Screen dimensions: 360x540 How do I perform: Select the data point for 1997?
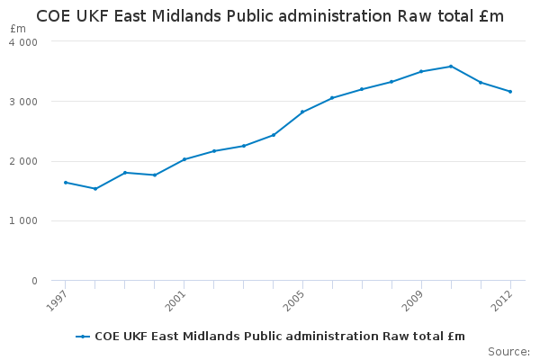click(x=66, y=183)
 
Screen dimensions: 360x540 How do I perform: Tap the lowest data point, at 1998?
click(x=95, y=189)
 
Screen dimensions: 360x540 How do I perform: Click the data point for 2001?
click(x=184, y=159)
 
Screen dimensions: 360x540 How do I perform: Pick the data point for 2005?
click(x=302, y=112)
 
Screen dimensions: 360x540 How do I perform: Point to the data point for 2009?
click(x=421, y=71)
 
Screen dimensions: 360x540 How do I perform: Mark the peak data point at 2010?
click(x=451, y=67)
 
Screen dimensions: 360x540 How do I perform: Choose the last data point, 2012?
click(x=510, y=92)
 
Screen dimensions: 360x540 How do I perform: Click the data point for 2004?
click(x=274, y=135)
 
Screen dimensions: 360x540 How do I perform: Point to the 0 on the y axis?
click(x=33, y=281)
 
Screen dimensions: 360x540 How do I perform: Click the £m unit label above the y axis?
click(x=18, y=29)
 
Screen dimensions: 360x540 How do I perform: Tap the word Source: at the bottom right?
click(x=508, y=351)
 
